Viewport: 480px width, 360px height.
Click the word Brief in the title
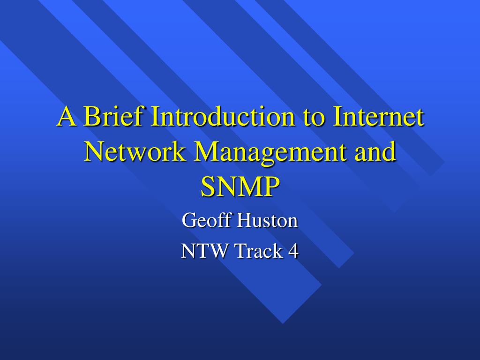[x=112, y=117]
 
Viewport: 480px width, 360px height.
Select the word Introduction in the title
[x=220, y=117]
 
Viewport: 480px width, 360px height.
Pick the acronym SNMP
[x=240, y=186]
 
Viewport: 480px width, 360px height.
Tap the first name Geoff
[x=207, y=220]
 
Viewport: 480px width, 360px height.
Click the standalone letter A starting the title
[x=66, y=117]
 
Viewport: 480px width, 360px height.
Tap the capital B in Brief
[x=92, y=117]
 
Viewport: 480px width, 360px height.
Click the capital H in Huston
[x=243, y=220]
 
